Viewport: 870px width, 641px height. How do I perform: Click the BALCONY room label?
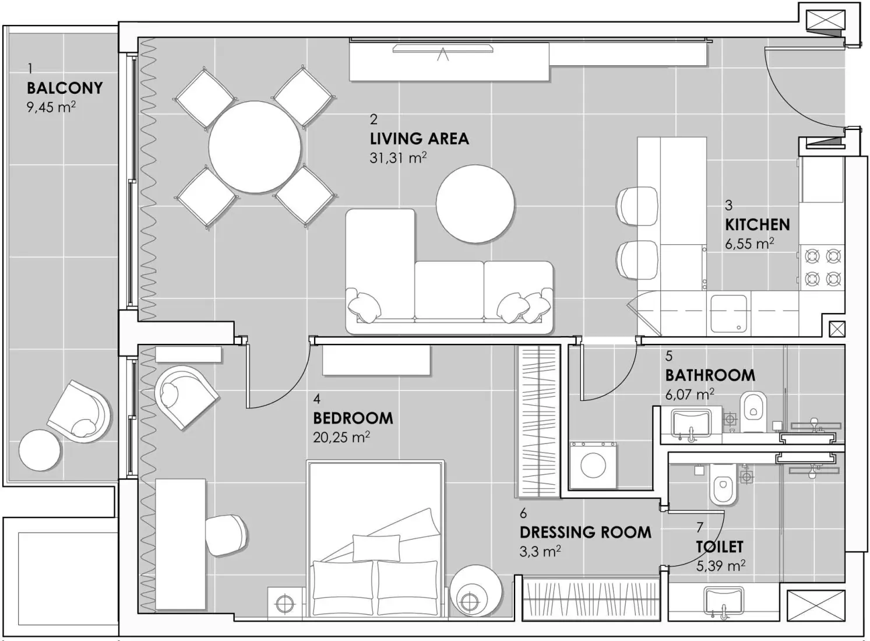tap(65, 88)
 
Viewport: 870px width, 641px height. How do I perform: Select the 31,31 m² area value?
tap(398, 158)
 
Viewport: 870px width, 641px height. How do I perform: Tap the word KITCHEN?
tap(757, 225)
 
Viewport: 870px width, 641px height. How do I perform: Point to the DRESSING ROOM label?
tap(585, 533)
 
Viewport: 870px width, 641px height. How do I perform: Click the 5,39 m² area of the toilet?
tap(720, 565)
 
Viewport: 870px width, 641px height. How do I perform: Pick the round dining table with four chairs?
tap(255, 147)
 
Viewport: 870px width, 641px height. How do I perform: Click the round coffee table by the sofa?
tap(475, 203)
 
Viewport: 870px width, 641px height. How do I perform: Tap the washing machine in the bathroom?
tap(593, 465)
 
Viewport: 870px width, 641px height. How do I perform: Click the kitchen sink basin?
tap(728, 313)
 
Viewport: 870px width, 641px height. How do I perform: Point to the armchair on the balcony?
tap(79, 411)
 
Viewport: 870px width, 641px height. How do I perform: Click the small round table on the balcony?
tap(40, 450)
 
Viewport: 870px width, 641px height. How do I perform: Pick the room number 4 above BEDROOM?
tap(316, 399)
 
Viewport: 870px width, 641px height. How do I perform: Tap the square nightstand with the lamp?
tap(286, 603)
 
